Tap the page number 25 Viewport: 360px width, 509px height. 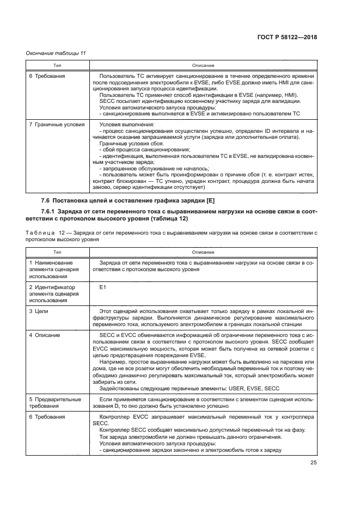[314, 463]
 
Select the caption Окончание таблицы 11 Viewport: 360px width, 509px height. [56, 53]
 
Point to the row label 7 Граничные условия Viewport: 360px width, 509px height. [57, 125]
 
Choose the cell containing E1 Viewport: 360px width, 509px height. [102, 286]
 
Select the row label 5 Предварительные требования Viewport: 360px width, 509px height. [54, 402]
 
